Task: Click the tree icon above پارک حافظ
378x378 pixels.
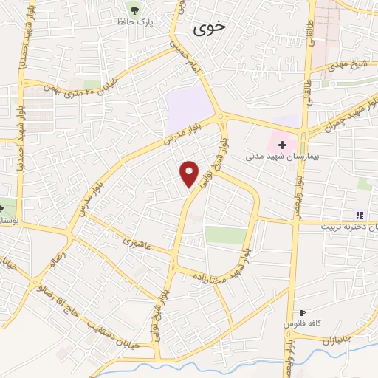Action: tap(135, 9)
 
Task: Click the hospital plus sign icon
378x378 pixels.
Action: tap(282, 145)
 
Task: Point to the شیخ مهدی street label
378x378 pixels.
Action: tap(348, 64)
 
